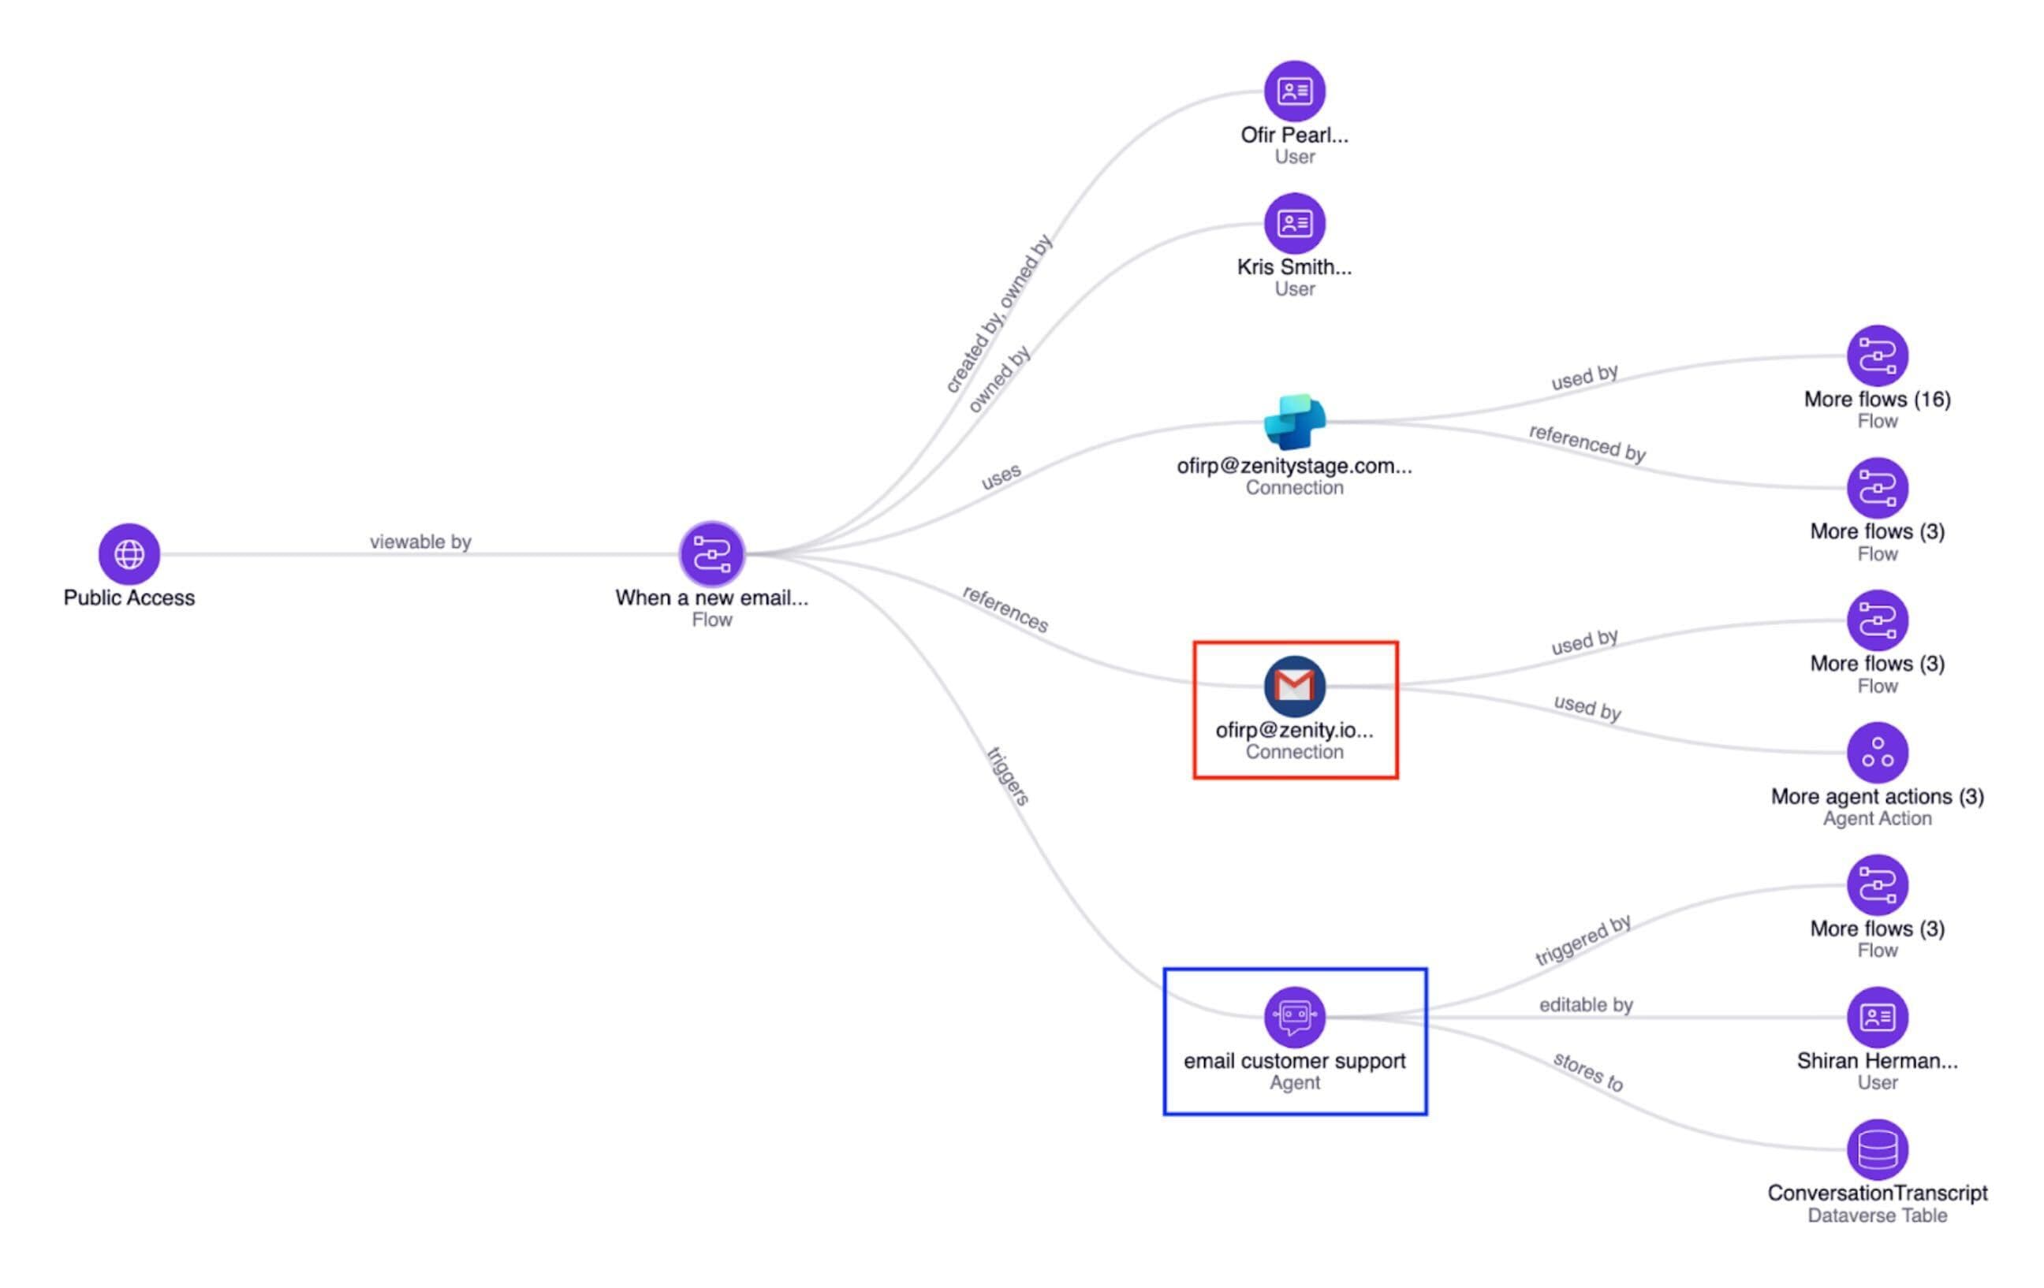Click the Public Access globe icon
pyautogui.click(x=129, y=554)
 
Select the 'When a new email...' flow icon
pyautogui.click(x=711, y=554)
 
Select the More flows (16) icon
pyautogui.click(x=1877, y=356)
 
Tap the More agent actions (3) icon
pyautogui.click(x=1877, y=753)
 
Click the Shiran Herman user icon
pyautogui.click(x=1877, y=1017)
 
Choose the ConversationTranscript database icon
pyautogui.click(x=1877, y=1148)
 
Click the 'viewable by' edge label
pyautogui.click(x=420, y=542)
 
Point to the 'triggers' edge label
pyautogui.click(x=1009, y=776)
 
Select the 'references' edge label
pyautogui.click(x=1005, y=609)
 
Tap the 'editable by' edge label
pyautogui.click(x=1586, y=1004)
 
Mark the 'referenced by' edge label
pyautogui.click(x=1587, y=443)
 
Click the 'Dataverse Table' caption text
pyautogui.click(x=1877, y=1215)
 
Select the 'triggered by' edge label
pyautogui.click(x=1583, y=940)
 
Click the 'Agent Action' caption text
pyautogui.click(x=1877, y=818)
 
